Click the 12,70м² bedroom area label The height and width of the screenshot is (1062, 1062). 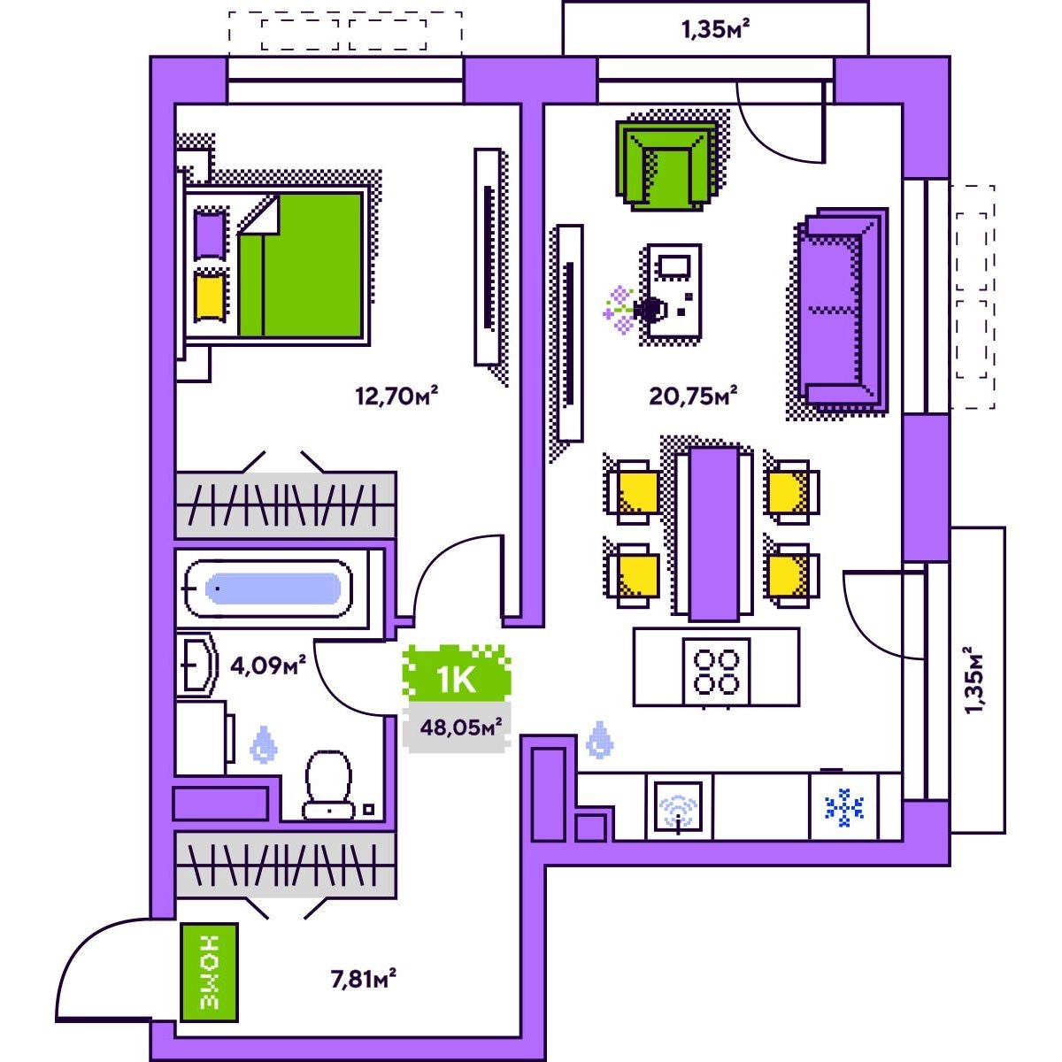[396, 395]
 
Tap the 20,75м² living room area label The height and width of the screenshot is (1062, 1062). [693, 395]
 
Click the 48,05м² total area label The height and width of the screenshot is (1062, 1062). [461, 727]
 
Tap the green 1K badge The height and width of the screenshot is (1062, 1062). [457, 679]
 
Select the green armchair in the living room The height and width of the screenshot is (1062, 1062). [667, 165]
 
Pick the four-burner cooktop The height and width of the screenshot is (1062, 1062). [716, 671]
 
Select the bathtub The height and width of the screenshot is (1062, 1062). [268, 588]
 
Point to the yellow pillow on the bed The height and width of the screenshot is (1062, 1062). [210, 296]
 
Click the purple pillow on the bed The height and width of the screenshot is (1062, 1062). [210, 234]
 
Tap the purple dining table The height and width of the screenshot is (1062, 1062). [713, 534]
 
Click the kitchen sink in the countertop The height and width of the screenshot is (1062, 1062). [679, 807]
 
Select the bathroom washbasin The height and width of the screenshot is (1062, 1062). [196, 665]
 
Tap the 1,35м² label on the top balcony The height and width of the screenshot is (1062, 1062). [716, 28]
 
